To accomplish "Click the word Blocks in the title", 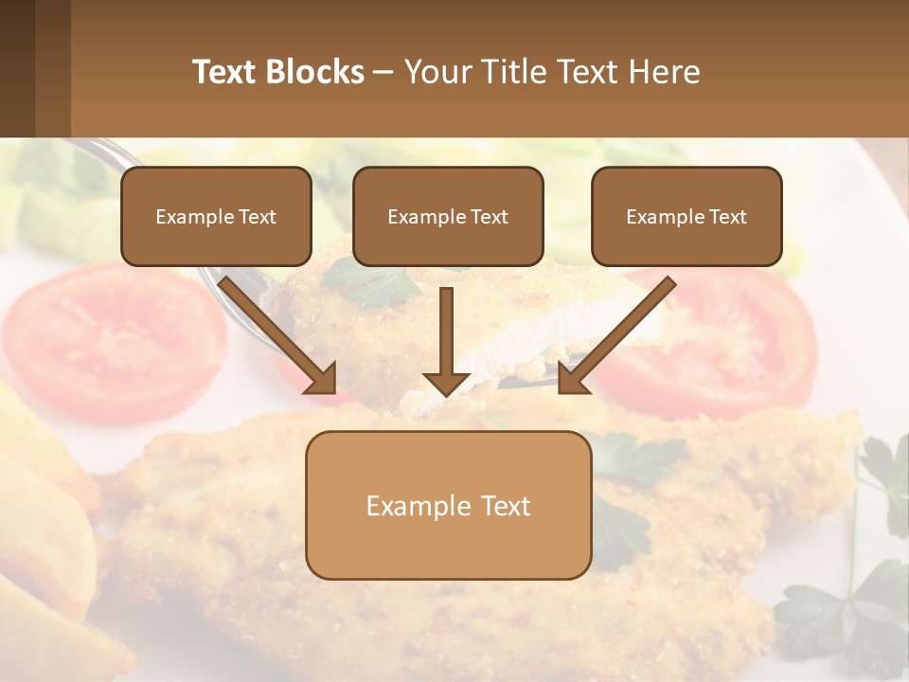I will (x=314, y=72).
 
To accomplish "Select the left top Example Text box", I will (x=216, y=217).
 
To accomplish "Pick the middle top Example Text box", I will (x=448, y=217).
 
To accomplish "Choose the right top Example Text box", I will (x=686, y=217).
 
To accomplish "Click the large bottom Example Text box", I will (x=448, y=506).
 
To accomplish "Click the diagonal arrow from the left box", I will (x=278, y=335).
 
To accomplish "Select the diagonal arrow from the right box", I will (x=616, y=335).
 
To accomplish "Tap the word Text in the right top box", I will (x=727, y=217).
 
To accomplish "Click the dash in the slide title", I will (x=384, y=72).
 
